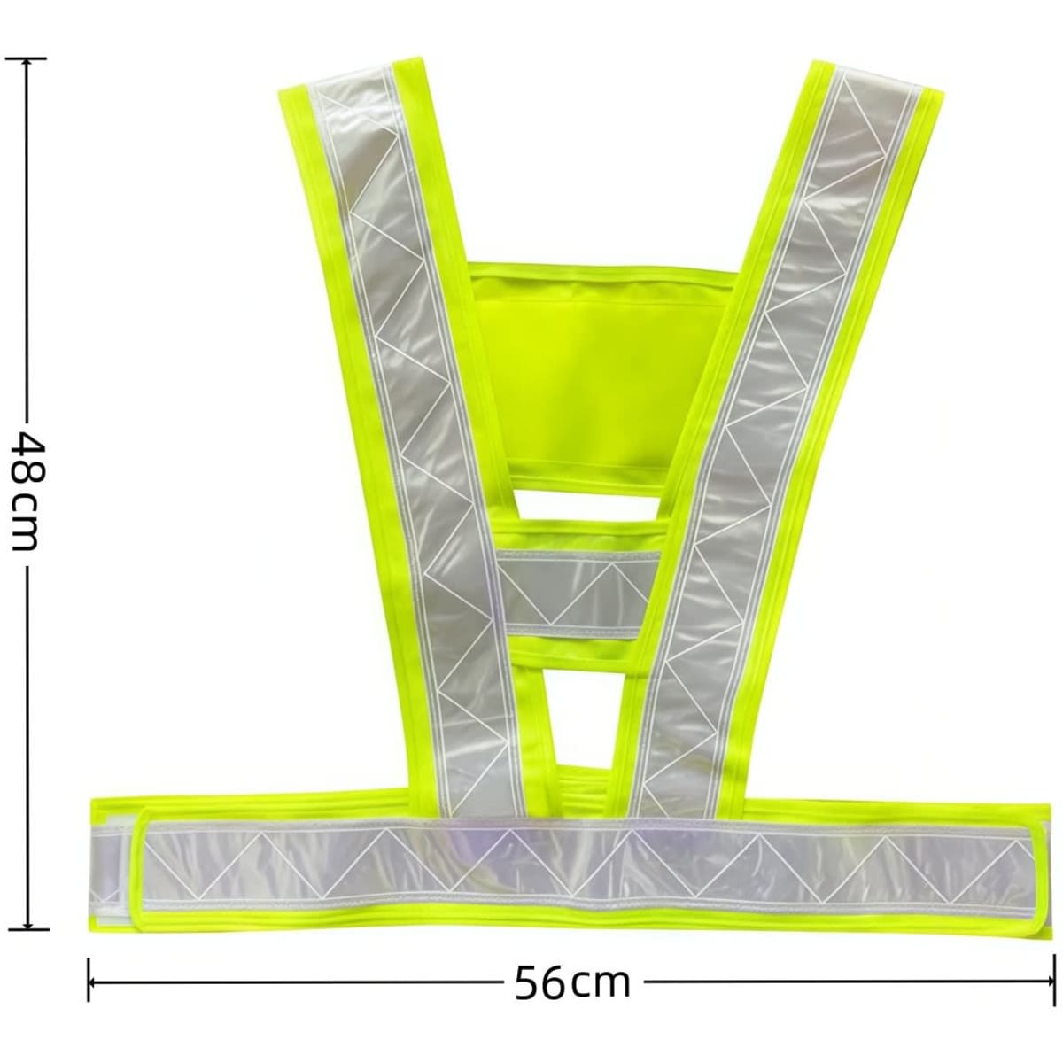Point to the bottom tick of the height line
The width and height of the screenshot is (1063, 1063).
pyautogui.click(x=26, y=927)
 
